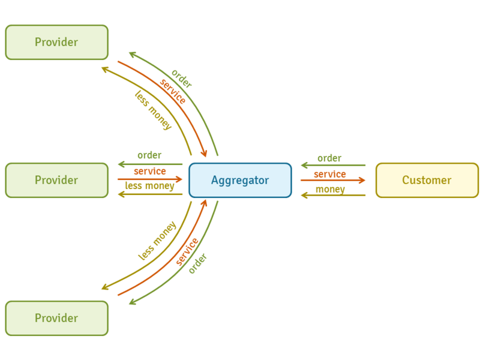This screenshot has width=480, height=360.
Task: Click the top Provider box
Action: [56, 42]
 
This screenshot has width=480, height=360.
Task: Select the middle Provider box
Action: [56, 180]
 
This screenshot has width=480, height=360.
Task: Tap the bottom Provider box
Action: [56, 318]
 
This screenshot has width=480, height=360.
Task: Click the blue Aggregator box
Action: [240, 180]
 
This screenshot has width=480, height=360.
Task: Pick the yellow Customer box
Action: [427, 180]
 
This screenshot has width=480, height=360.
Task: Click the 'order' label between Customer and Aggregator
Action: [329, 158]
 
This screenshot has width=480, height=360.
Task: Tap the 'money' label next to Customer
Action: [330, 190]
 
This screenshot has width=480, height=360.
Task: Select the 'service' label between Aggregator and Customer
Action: [330, 174]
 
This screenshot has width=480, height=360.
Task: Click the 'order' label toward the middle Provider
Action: [149, 155]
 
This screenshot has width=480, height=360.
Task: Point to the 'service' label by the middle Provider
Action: [149, 172]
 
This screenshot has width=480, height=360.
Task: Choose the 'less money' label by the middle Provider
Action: [149, 186]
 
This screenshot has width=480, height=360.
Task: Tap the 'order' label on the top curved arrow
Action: [181, 79]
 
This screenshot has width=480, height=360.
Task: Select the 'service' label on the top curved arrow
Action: [173, 91]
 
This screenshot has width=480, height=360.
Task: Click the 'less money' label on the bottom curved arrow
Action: [157, 241]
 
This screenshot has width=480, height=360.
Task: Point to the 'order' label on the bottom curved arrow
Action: [197, 263]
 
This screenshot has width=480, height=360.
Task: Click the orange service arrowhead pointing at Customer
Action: [362, 180]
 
